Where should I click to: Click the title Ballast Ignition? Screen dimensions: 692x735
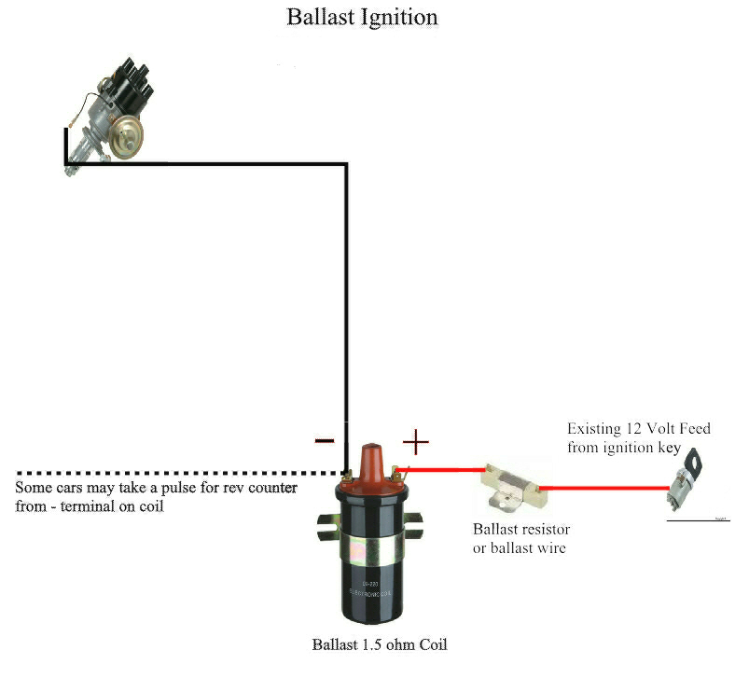(361, 18)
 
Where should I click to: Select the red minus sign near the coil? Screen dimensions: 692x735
(324, 440)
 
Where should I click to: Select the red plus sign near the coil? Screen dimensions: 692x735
(415, 441)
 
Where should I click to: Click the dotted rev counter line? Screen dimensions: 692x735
(168, 472)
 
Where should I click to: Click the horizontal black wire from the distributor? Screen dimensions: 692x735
(205, 165)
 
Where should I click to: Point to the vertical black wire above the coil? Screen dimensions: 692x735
(346, 308)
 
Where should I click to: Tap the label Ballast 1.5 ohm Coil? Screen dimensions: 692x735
(380, 644)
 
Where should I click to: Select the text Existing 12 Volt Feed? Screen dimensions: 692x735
(638, 429)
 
